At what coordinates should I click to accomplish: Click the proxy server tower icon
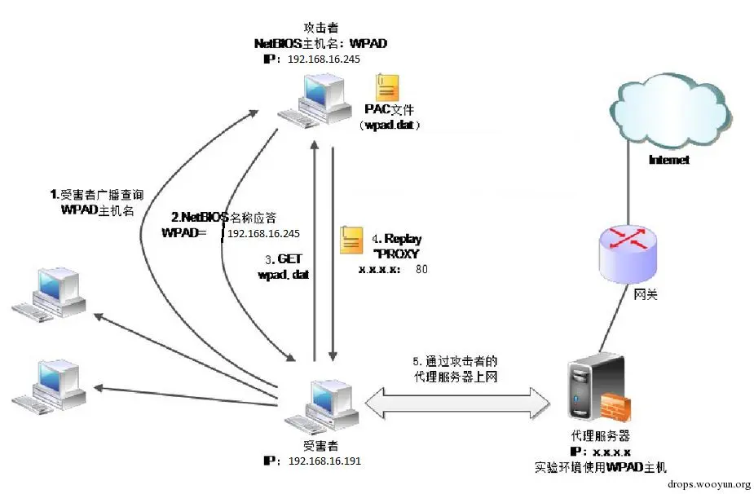click(593, 390)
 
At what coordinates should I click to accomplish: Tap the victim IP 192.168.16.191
click(324, 461)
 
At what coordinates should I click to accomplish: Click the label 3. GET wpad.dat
click(283, 267)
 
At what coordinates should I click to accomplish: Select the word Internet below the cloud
click(668, 161)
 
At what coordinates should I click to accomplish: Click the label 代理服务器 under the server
click(602, 436)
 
